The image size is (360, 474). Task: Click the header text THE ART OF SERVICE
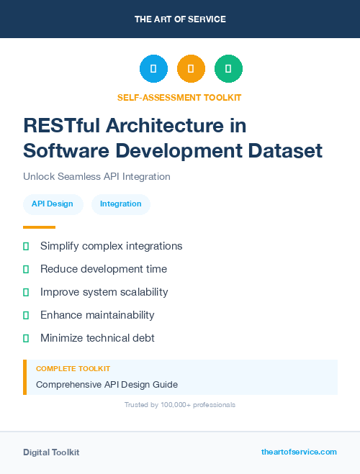(180, 19)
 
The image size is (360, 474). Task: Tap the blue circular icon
(153, 68)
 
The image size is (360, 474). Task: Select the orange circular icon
(191, 68)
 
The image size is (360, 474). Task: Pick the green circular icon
(228, 68)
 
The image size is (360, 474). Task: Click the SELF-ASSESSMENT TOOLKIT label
(179, 97)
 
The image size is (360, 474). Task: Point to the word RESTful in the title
(62, 126)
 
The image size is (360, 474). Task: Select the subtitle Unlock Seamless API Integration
(96, 176)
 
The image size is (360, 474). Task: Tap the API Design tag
(53, 204)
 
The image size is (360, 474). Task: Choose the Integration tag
(120, 204)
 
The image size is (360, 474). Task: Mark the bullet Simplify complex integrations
(111, 246)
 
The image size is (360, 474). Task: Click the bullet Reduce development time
(104, 269)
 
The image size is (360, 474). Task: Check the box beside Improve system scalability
(26, 292)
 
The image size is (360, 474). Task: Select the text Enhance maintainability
(97, 315)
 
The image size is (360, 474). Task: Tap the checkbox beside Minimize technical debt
(26, 338)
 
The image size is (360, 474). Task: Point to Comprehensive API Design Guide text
(107, 384)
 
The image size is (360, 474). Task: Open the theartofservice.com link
(299, 452)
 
